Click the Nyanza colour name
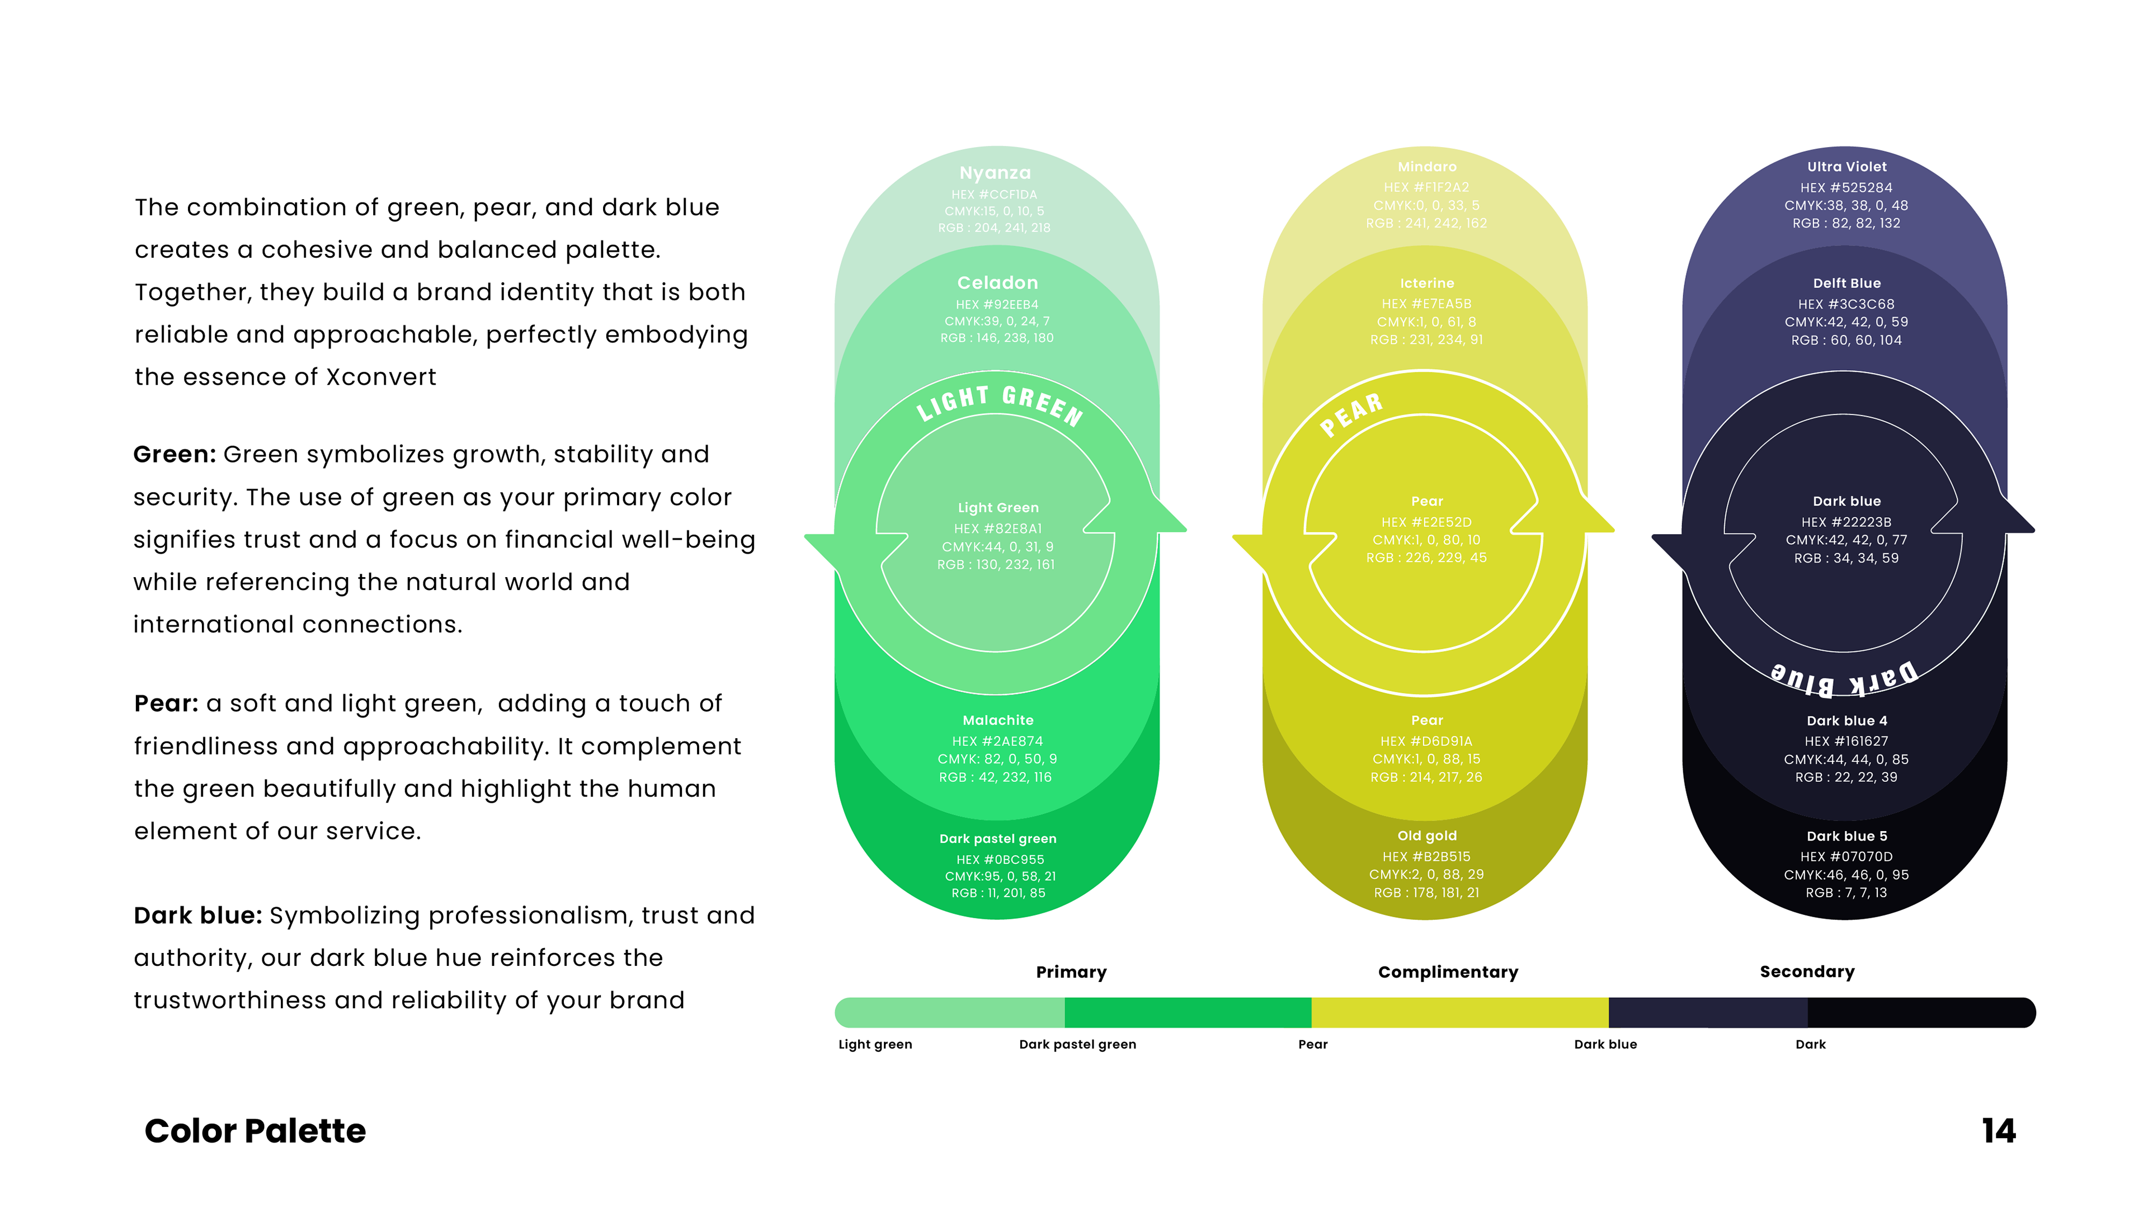point(995,173)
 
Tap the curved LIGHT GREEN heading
point(1000,404)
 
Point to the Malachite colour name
point(997,720)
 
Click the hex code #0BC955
point(1000,860)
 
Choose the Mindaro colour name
point(1427,167)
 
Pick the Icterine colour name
point(1427,284)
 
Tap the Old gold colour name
point(1427,836)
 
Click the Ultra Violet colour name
point(1846,167)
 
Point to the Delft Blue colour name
point(1846,284)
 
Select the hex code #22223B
point(1846,522)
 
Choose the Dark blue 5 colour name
point(1846,836)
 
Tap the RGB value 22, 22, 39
point(1846,777)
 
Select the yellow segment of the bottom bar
point(1459,1013)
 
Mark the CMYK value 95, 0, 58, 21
point(1000,876)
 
